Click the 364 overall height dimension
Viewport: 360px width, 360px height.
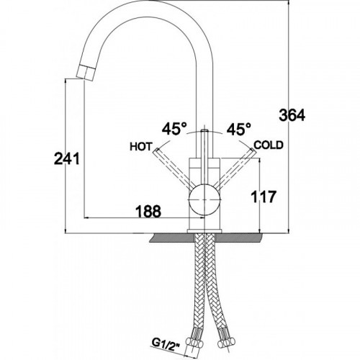pos(292,115)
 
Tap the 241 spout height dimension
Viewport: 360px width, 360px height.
pos(67,158)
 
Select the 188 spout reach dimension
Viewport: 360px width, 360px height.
pos(148,212)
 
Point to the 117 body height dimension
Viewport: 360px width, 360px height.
pos(264,197)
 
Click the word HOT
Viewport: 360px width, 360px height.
pos(141,147)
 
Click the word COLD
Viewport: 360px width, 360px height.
pos(269,145)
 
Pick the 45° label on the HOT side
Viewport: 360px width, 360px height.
pos(174,129)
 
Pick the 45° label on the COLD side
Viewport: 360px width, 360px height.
pos(239,129)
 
